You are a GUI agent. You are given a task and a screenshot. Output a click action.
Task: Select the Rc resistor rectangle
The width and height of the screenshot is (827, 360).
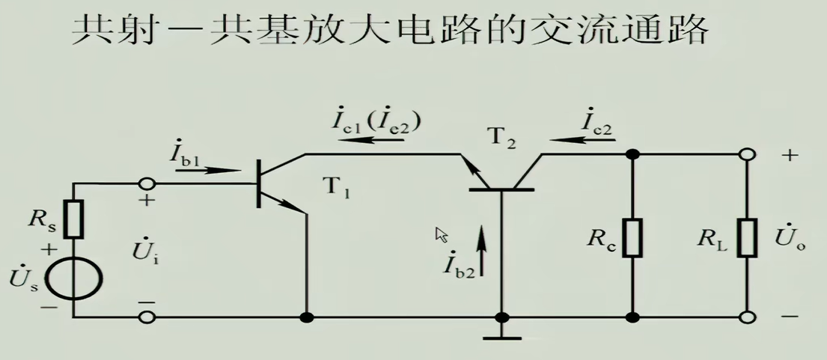(632, 237)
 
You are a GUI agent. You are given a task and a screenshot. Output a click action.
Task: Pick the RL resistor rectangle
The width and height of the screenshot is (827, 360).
(746, 237)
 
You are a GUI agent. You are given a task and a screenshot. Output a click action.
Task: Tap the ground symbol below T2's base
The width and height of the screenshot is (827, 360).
(501, 337)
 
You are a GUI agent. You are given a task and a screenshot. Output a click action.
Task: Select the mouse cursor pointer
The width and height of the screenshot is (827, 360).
(442, 235)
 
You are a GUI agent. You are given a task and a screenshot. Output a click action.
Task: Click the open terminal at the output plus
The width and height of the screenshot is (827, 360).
(746, 154)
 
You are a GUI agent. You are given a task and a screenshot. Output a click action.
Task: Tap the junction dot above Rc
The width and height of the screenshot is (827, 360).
(632, 155)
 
